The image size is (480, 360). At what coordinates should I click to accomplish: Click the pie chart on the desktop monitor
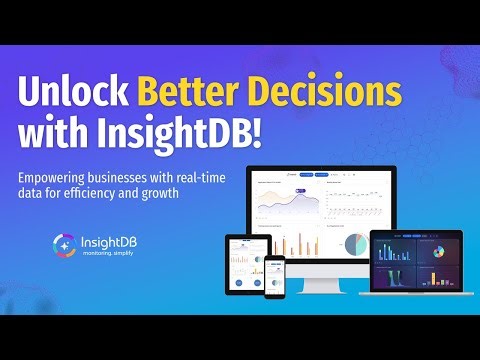pyautogui.click(x=353, y=243)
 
